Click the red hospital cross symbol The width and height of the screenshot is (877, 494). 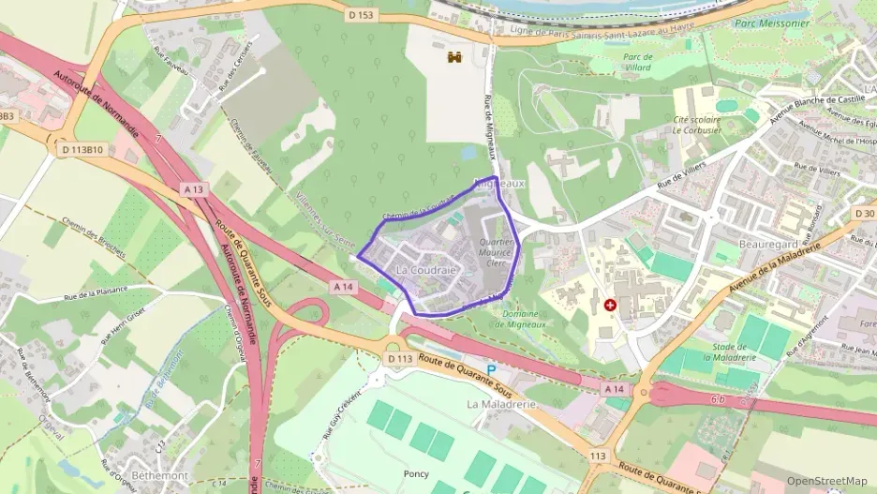(610, 306)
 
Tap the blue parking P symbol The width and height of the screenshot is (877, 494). (491, 370)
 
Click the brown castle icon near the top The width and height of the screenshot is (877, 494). (455, 57)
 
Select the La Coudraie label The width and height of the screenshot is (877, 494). (426, 269)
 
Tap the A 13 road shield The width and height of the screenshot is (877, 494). (194, 189)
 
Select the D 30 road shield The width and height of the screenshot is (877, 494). (864, 214)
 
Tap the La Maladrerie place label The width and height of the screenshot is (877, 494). (500, 404)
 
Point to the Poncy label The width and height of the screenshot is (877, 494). (415, 473)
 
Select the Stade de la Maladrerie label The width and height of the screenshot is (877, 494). (735, 352)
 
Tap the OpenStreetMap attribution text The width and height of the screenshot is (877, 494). (826, 481)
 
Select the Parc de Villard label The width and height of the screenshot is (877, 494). (637, 61)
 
